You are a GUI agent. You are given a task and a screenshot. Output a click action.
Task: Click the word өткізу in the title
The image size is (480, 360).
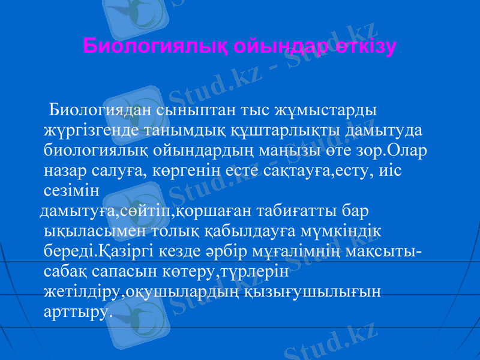367,46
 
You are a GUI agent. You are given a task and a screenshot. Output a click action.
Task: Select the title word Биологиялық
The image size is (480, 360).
156,46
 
